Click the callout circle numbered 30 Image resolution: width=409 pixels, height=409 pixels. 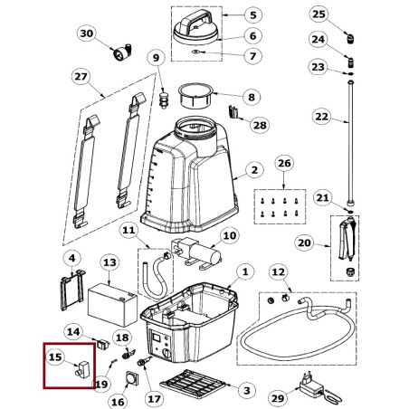87,33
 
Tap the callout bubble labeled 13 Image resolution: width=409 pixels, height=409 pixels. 109,262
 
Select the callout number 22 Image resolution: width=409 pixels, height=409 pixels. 321,117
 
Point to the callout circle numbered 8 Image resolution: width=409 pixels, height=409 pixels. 252,97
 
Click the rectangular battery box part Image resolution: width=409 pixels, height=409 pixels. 112,305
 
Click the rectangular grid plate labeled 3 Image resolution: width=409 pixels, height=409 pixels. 193,384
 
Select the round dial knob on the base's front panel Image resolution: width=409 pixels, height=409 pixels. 166,353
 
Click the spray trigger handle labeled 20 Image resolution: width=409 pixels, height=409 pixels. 347,240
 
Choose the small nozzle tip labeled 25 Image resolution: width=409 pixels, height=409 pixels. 350,39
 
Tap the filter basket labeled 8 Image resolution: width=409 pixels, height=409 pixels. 195,96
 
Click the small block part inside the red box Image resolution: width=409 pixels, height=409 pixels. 82,369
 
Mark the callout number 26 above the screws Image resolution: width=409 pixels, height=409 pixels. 284,163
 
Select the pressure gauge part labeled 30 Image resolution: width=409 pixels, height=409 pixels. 122,52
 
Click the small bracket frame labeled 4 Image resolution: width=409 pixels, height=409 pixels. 72,290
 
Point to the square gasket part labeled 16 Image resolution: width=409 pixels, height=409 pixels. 132,378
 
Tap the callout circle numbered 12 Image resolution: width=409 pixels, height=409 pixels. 278,272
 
